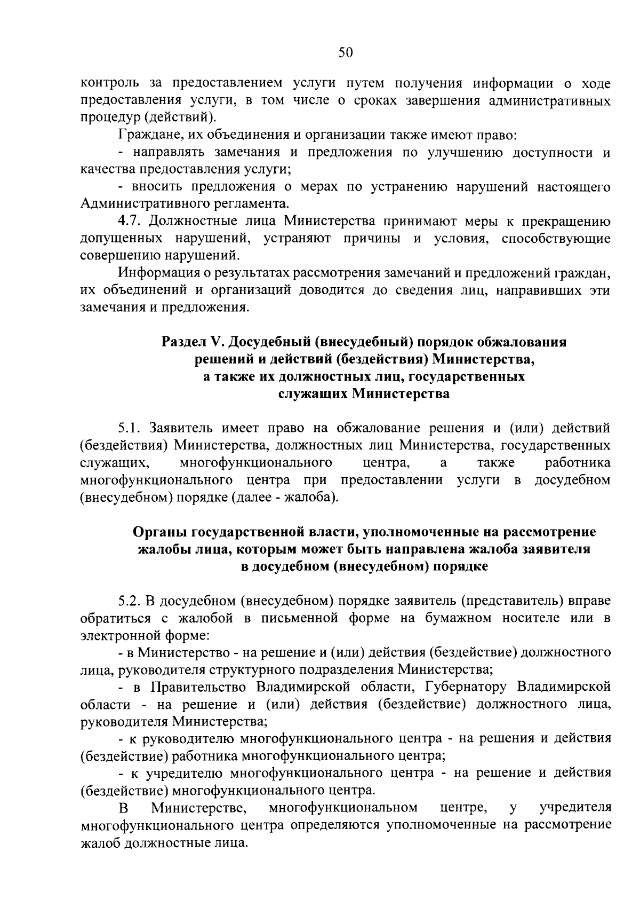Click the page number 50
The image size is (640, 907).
pos(346,52)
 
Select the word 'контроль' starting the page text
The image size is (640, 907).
pos(106,83)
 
